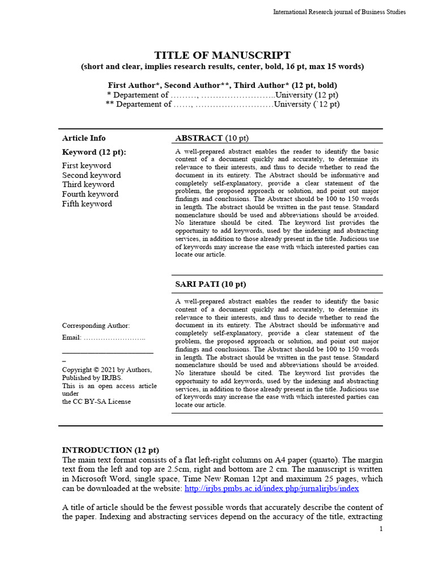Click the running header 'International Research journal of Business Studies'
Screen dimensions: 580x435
[x=339, y=12]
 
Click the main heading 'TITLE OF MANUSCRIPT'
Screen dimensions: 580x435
[x=223, y=55]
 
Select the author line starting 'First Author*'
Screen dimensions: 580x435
[x=223, y=85]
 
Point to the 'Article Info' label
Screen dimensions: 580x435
[x=84, y=138]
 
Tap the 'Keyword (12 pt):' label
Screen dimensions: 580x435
[x=94, y=152]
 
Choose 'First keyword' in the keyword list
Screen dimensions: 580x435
[x=87, y=165]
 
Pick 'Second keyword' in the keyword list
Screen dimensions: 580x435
[x=91, y=175]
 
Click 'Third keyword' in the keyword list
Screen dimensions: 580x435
[x=88, y=185]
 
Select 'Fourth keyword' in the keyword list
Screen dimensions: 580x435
[x=90, y=194]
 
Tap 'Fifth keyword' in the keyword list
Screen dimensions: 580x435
[x=87, y=204]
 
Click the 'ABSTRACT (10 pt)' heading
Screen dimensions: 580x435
[x=212, y=138]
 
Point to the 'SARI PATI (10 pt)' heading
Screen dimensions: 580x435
[x=211, y=284]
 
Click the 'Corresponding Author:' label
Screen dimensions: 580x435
[x=96, y=326]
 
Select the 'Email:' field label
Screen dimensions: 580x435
[x=72, y=338]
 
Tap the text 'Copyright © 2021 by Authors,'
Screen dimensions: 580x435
[x=106, y=370]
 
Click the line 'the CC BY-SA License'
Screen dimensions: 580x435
[x=96, y=402]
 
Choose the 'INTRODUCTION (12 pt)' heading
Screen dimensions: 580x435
[x=110, y=450]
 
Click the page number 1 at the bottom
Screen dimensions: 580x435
[x=381, y=529]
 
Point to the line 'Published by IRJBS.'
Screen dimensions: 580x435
[x=92, y=378]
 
